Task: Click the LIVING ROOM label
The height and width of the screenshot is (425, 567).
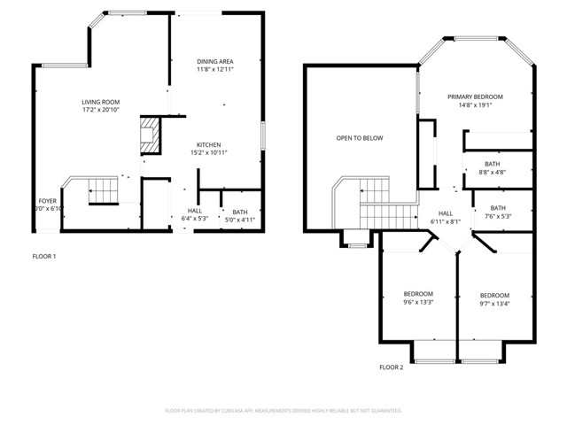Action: [100, 102]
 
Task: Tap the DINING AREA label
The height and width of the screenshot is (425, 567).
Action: [214, 60]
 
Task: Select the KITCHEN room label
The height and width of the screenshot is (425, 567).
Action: [208, 145]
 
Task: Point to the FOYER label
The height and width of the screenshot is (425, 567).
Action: [47, 201]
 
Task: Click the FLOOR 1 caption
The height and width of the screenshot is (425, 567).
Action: [43, 257]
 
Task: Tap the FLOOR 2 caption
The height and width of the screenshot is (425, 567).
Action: [391, 367]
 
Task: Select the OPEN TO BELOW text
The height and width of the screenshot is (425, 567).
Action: [359, 138]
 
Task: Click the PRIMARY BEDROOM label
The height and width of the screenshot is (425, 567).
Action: [475, 97]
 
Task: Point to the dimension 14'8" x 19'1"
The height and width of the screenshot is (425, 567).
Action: [475, 105]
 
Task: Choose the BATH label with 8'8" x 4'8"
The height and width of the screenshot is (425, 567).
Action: [492, 164]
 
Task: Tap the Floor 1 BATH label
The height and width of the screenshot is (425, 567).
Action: [239, 212]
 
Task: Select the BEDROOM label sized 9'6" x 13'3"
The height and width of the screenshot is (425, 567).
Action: [418, 294]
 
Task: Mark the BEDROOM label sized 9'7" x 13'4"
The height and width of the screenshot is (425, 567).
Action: [494, 295]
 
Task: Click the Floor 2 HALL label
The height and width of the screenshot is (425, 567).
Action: [446, 212]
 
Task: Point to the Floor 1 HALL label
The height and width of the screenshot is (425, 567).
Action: [194, 212]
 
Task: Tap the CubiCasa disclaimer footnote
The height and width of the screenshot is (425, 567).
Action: [283, 411]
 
